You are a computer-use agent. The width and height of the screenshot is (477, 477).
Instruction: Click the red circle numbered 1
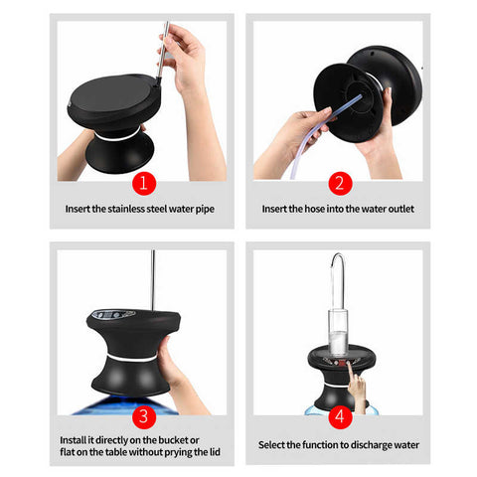pos(144,183)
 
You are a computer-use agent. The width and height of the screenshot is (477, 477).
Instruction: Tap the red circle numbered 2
pos(340,183)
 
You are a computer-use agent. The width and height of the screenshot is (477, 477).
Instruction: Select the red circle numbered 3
pos(144,416)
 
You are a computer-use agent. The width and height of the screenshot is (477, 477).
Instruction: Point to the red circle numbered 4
pos(340,416)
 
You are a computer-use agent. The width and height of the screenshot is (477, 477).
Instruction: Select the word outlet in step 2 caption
pos(401,209)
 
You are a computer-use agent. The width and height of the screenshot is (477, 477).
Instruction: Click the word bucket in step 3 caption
pos(174,440)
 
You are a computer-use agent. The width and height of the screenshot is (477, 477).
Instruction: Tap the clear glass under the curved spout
pos(338,331)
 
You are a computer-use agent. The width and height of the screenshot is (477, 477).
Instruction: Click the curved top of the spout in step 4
pos(338,255)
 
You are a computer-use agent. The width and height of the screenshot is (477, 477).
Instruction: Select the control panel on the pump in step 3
pos(113,314)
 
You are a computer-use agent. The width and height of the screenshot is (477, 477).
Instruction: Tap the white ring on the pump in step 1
pos(118,136)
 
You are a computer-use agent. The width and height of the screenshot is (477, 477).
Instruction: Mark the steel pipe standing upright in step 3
pos(153,280)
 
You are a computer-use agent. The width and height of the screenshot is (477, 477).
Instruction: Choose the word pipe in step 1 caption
pos(205,210)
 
